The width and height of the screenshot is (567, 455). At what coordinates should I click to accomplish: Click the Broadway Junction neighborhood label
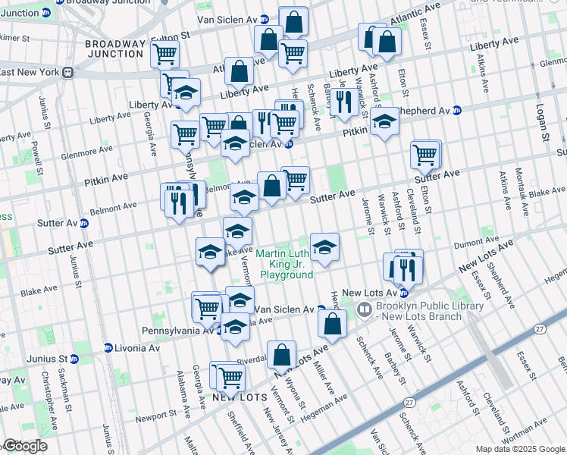[114, 49]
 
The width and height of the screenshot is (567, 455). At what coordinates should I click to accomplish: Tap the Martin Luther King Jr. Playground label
[284, 264]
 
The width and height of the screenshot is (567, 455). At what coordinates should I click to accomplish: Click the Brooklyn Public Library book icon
[364, 309]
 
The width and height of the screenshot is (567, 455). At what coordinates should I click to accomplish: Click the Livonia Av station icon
[108, 348]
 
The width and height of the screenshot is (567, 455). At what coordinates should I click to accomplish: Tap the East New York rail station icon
[67, 72]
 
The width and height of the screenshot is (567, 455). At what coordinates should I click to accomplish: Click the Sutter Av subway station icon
[83, 224]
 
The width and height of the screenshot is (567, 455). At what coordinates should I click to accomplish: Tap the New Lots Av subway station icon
[404, 293]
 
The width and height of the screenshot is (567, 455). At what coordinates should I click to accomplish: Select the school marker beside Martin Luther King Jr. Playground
[324, 247]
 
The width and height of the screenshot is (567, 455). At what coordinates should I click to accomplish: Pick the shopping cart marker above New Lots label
[230, 376]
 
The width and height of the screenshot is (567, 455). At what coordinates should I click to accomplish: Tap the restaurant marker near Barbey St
[344, 102]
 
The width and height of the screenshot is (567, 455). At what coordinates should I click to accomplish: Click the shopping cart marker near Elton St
[426, 155]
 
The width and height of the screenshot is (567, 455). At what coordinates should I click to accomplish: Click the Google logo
[25, 446]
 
